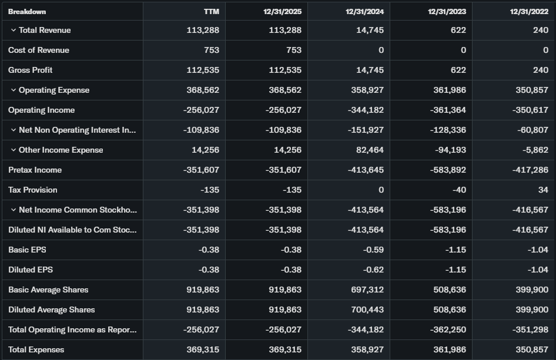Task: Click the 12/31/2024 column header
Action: tap(364, 11)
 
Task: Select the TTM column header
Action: tap(211, 11)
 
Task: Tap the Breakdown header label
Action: tap(27, 11)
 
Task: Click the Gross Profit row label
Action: tap(31, 70)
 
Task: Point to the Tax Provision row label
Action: tap(33, 190)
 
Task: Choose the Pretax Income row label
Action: tap(35, 170)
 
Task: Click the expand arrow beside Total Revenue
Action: tap(14, 30)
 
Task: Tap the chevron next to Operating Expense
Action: tap(14, 90)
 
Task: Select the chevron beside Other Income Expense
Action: tap(14, 150)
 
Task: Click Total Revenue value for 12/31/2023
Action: tap(459, 30)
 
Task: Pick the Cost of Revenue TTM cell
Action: tap(212, 50)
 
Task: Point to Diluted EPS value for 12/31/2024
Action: tap(373, 270)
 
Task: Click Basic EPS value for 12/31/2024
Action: tap(373, 250)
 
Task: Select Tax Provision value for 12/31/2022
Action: tap(542, 190)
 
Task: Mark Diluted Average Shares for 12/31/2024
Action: tap(367, 309)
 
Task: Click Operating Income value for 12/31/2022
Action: tap(530, 110)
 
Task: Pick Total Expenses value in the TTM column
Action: tap(203, 349)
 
